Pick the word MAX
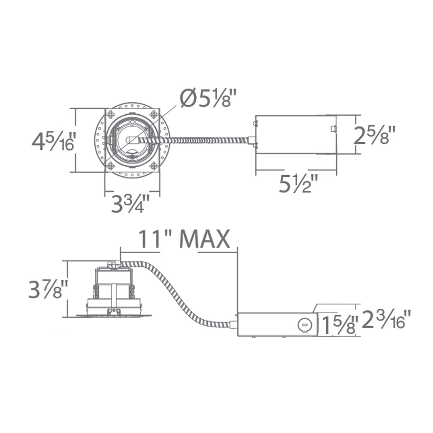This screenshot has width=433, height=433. [205, 239]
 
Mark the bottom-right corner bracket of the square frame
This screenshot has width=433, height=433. [154, 166]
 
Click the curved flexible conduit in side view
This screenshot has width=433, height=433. [177, 292]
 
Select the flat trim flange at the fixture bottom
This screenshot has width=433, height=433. [114, 316]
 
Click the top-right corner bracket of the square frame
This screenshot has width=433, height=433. [154, 115]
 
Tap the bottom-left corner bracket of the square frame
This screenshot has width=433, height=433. [111, 166]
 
